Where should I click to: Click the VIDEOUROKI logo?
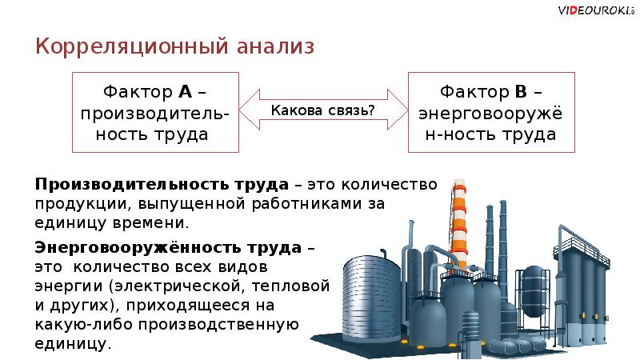pos(593,10)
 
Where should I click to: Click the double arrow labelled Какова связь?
pos(323,110)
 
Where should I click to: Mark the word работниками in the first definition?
pos(299,204)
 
